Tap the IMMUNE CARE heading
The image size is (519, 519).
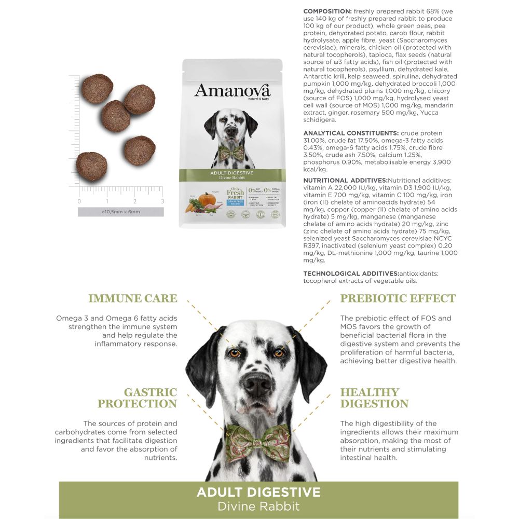[x=132, y=298]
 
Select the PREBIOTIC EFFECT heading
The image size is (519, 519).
[x=398, y=298]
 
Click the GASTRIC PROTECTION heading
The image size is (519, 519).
[x=137, y=398]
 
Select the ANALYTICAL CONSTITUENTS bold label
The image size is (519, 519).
[x=351, y=133]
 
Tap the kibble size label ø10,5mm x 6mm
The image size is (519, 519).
[x=120, y=212]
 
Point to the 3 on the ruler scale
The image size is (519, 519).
[x=162, y=201]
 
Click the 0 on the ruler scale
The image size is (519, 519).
[x=79, y=201]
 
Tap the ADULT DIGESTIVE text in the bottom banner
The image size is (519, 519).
[x=258, y=492]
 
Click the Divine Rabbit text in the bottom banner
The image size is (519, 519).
[x=258, y=506]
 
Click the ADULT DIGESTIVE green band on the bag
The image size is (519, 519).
[x=232, y=175]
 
